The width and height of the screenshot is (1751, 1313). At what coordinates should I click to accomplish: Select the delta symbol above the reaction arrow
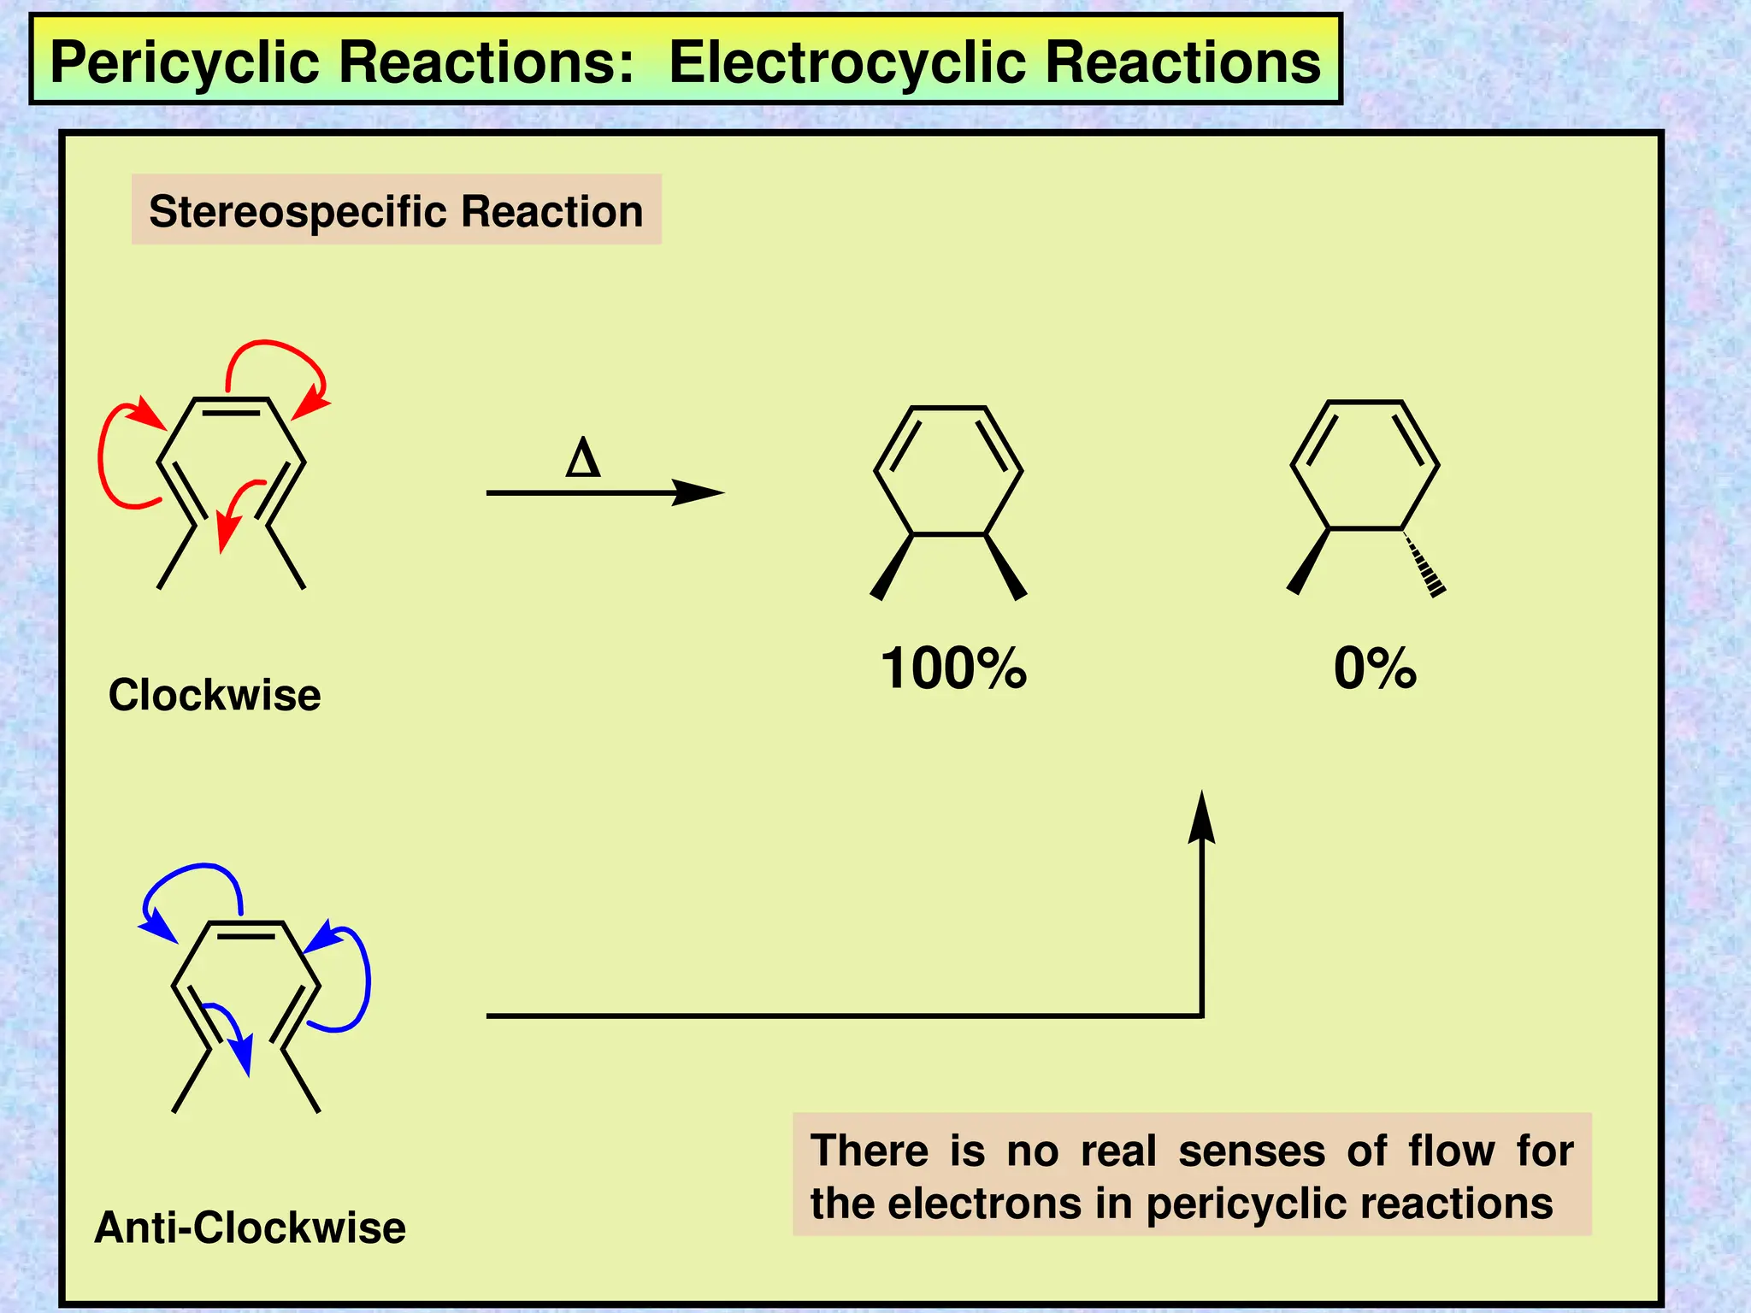click(x=583, y=458)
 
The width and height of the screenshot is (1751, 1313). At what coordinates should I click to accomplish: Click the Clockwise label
click(x=215, y=694)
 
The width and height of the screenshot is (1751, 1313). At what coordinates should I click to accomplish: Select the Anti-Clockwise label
click(x=250, y=1228)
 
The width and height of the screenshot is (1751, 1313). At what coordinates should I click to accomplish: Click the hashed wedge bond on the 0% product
click(x=1424, y=563)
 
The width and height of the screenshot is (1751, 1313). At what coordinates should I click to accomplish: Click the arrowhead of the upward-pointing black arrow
click(x=1202, y=816)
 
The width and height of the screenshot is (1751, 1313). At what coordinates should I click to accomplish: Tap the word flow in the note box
click(x=1451, y=1151)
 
